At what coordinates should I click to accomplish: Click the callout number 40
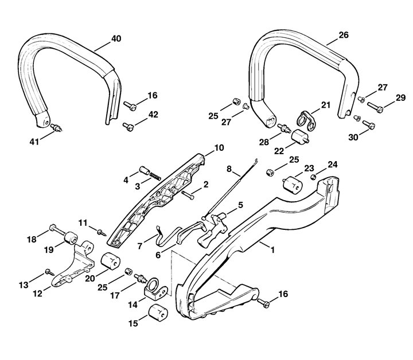pyautogui.click(x=116, y=39)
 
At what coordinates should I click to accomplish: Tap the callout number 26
pyautogui.click(x=344, y=35)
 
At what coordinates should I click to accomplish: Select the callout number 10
pyautogui.click(x=219, y=148)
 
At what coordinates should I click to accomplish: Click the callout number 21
pyautogui.click(x=326, y=105)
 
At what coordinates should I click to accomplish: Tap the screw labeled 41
pyautogui.click(x=56, y=128)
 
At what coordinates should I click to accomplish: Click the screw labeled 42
pyautogui.click(x=129, y=126)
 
